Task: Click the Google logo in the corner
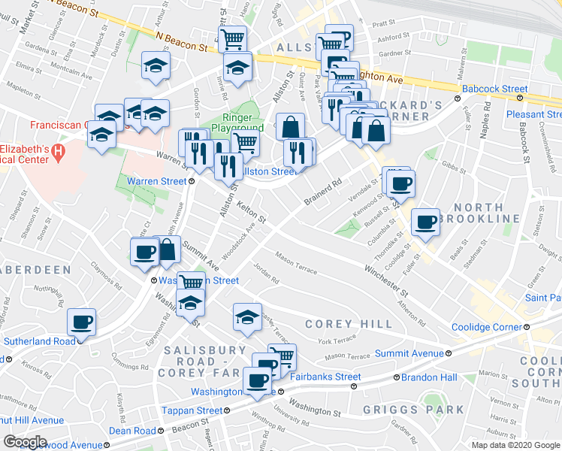click(25, 442)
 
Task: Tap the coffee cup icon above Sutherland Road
click(81, 322)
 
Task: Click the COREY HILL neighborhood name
click(349, 324)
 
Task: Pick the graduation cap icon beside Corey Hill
click(246, 317)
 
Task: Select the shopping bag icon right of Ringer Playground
click(290, 126)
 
